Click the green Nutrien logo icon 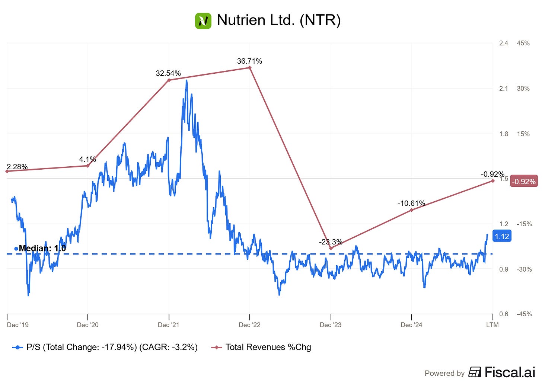[x=203, y=20]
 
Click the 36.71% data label [x=249, y=61]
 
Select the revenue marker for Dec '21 [x=169, y=80]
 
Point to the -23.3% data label [x=331, y=242]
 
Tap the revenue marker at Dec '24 [x=412, y=210]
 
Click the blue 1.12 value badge [x=501, y=236]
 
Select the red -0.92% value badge [x=524, y=182]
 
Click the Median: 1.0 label [x=42, y=248]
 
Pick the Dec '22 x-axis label [x=249, y=325]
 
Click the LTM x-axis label [x=492, y=325]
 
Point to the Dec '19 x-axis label [x=18, y=325]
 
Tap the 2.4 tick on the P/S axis [x=503, y=43]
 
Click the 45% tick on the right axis [x=523, y=43]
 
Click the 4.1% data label [x=87, y=159]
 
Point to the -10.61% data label [x=411, y=203]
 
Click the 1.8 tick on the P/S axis [x=503, y=134]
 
